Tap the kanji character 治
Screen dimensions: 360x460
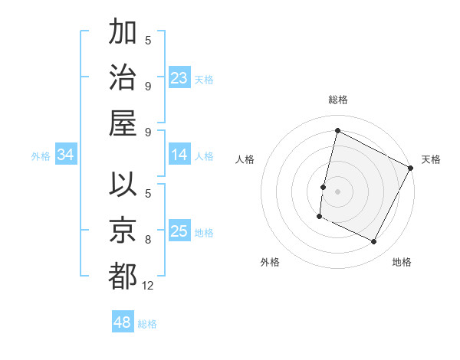[x=123, y=78]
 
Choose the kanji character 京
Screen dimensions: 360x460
[x=123, y=231]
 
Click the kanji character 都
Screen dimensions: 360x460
[x=123, y=276]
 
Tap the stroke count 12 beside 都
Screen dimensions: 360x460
[x=148, y=286]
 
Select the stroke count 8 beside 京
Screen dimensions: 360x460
[x=148, y=239]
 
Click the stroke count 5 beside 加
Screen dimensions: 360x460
[x=148, y=41]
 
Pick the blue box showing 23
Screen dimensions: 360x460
[x=179, y=78]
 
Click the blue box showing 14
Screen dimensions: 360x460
[x=179, y=155]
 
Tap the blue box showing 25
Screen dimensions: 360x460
[x=179, y=231]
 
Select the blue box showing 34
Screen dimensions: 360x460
[x=65, y=155]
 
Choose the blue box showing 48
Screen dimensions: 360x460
[x=123, y=322]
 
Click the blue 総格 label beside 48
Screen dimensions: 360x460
[x=147, y=324]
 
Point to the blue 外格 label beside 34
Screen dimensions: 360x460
[x=41, y=156]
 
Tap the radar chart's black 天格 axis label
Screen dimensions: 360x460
[x=431, y=159]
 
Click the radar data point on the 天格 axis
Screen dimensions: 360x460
[x=411, y=168]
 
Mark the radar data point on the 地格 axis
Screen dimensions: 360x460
[x=374, y=242]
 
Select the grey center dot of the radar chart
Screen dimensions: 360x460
[x=337, y=191]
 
